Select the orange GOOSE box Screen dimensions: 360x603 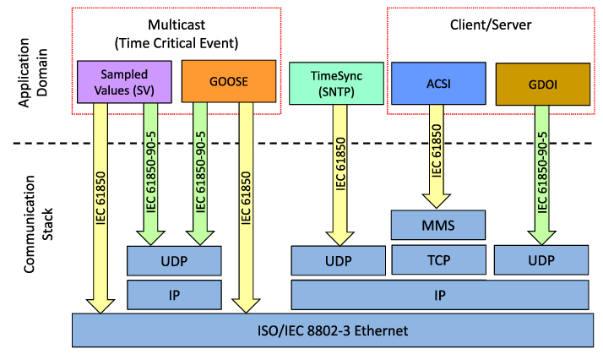coord(229,81)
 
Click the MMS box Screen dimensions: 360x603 coord(438,226)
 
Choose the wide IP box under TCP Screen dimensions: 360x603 coord(439,296)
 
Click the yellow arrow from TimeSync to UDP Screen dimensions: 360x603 coord(339,177)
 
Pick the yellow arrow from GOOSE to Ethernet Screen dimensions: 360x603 coord(247,203)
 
